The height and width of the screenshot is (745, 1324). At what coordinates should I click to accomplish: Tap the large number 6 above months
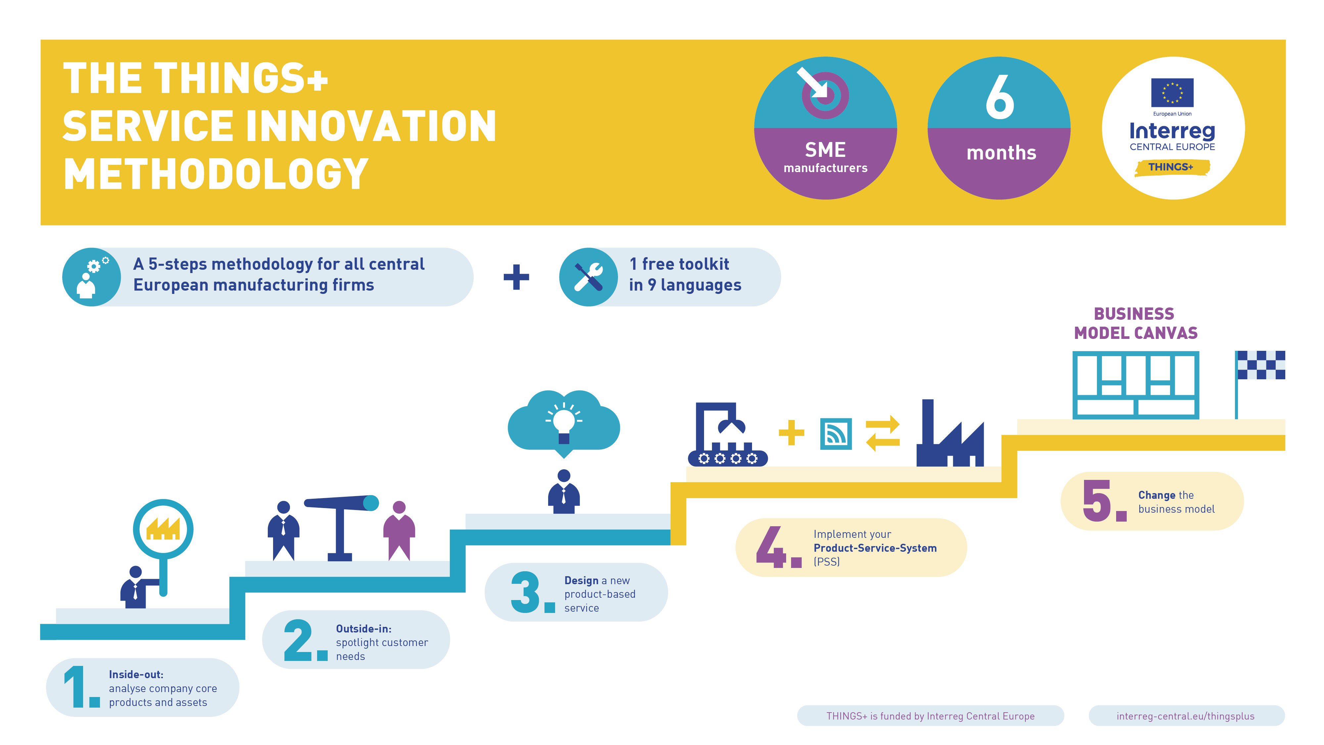click(1000, 97)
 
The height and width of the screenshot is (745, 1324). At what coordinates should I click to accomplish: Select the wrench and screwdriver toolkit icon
click(589, 277)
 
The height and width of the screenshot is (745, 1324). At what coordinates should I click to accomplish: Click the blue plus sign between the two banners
click(516, 277)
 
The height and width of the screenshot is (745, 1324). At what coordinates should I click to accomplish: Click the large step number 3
click(525, 592)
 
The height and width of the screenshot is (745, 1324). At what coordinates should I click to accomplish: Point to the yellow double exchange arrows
click(882, 433)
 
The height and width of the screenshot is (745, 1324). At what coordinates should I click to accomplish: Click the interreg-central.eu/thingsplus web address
click(1185, 716)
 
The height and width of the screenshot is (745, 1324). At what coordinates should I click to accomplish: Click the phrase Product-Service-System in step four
click(875, 548)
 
